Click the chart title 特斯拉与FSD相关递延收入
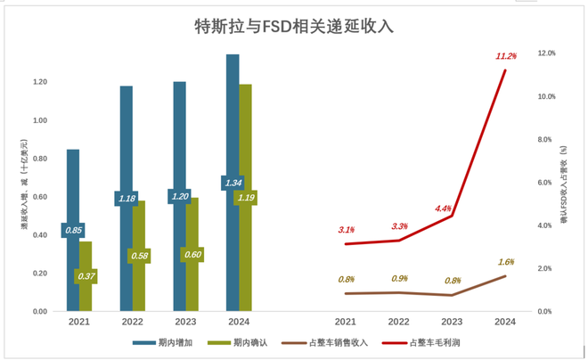[294, 26]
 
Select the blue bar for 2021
[73, 267]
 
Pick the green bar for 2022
[138, 285]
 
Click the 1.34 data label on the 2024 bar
[233, 183]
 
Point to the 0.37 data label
[86, 276]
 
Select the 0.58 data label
[138, 257]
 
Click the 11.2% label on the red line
[506, 56]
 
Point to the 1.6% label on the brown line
[505, 262]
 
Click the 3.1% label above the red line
[347, 230]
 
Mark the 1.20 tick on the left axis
[38, 82]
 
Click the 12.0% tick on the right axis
[546, 53]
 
